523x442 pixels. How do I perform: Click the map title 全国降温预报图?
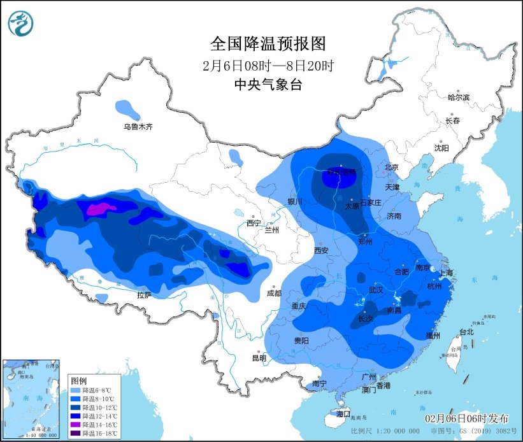coord(268,43)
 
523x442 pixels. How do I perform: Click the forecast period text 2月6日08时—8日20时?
coord(268,66)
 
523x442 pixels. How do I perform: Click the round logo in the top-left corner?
coord(21,24)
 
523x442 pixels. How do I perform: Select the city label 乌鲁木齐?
coord(138,127)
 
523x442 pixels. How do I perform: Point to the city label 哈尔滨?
coord(458,97)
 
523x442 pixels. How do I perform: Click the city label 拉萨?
coord(144,295)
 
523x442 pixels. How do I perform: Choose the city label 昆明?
coord(259,358)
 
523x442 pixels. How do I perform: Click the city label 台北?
coord(466,332)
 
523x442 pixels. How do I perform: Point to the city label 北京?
coord(391,168)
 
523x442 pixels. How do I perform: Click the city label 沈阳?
coord(441,147)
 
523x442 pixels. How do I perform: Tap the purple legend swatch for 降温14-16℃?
coord(75,424)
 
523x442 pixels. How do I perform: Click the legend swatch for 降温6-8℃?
coord(75,389)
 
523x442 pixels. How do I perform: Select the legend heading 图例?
coord(78,380)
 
